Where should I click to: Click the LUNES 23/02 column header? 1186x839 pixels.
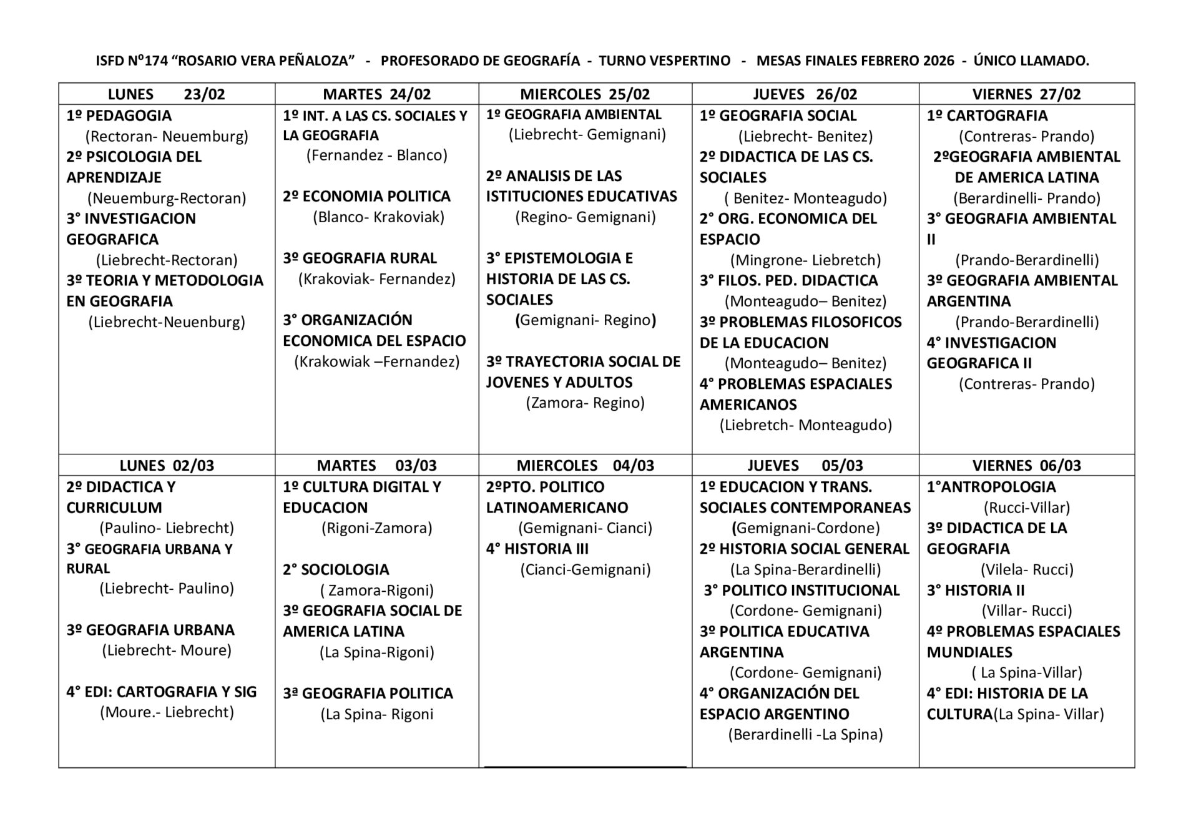[166, 94]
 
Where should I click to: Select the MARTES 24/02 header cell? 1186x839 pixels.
[376, 94]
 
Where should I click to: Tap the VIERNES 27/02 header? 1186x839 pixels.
[1026, 94]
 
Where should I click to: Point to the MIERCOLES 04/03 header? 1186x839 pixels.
[585, 466]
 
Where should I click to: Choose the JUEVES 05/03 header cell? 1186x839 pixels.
[805, 466]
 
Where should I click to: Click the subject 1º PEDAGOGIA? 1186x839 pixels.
[119, 115]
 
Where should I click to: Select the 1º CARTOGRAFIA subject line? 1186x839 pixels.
[987, 115]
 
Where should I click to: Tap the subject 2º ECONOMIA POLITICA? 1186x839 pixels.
[366, 197]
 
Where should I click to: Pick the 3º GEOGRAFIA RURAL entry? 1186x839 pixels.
[360, 258]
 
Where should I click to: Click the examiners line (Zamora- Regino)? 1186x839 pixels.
[585, 403]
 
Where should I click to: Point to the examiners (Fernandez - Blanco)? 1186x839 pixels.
[376, 155]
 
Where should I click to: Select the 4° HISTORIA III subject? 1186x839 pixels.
[537, 549]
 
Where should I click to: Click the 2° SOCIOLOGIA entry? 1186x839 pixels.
[336, 570]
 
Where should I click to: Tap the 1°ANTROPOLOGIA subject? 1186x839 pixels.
[991, 487]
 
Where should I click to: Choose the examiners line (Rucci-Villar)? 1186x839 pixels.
[1026, 508]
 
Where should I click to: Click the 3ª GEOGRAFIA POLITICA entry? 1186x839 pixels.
[368, 694]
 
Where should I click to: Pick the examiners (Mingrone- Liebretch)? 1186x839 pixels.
[805, 260]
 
